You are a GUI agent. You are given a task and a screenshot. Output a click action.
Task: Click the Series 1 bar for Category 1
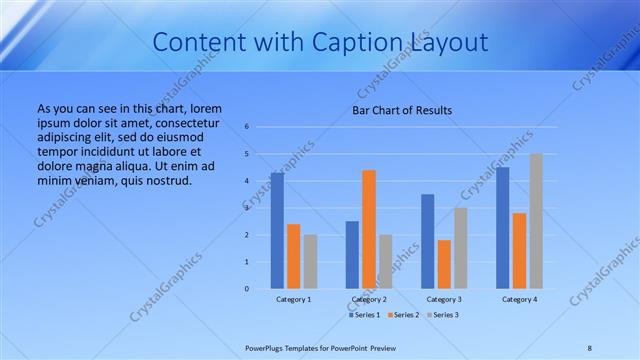click(x=277, y=231)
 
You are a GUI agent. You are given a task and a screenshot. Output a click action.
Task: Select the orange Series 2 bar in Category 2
click(x=369, y=229)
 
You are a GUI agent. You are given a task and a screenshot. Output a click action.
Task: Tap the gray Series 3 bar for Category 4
click(x=536, y=221)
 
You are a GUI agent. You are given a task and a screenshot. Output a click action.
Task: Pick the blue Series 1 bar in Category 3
click(x=428, y=241)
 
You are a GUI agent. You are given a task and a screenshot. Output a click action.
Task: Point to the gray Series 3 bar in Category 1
click(x=310, y=262)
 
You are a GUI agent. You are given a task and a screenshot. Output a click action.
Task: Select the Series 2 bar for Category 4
click(x=519, y=251)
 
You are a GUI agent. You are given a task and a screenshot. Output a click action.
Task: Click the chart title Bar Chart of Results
click(x=402, y=110)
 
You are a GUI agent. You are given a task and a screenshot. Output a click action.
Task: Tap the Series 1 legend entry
click(x=365, y=315)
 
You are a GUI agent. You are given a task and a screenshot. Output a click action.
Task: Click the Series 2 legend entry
click(x=403, y=315)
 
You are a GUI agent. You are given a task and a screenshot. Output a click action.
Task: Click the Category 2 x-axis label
click(x=369, y=299)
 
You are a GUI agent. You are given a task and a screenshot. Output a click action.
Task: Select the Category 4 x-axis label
click(x=519, y=299)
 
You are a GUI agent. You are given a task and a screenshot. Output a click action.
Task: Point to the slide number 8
click(x=589, y=347)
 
